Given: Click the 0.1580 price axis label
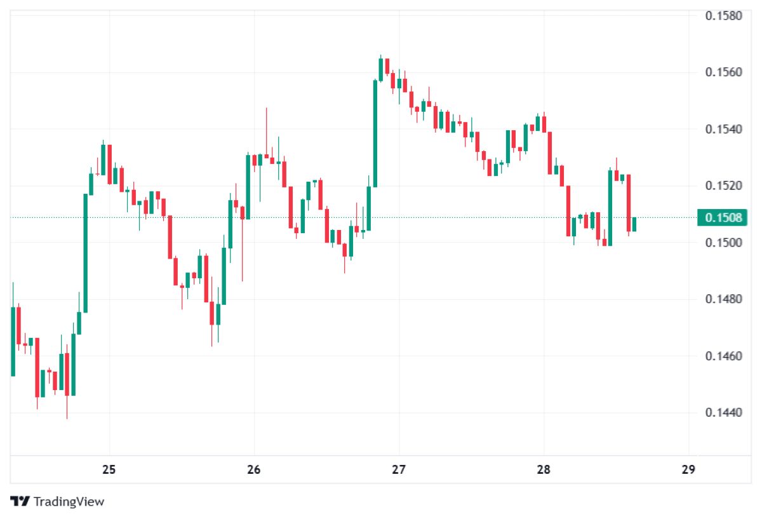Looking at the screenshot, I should tap(724, 15).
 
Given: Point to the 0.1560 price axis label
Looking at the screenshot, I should tap(724, 72).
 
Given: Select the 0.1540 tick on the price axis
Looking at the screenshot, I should tap(724, 130).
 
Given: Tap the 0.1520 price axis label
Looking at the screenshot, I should tap(724, 186).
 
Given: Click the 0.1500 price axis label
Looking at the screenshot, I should tap(724, 243).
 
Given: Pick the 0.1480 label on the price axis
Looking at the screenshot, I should tap(724, 299).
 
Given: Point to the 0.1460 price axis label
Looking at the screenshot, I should tap(724, 356).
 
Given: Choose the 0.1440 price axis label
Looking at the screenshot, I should tap(724, 413).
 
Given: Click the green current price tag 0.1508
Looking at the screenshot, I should tap(722, 218).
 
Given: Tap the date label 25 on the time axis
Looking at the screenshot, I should tap(109, 470).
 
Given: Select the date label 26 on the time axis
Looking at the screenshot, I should tap(254, 470).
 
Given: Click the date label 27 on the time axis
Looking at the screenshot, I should tap(399, 470).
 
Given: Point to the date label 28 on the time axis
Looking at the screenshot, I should tap(544, 470).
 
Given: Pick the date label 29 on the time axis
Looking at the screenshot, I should tap(688, 470).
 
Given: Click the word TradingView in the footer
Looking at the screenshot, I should tap(69, 502).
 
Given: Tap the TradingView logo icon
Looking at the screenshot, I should tap(20, 501).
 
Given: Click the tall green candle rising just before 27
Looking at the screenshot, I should tap(375, 133).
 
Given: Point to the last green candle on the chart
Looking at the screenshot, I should tap(634, 224).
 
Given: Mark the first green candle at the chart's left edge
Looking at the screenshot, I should tap(13, 341).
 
